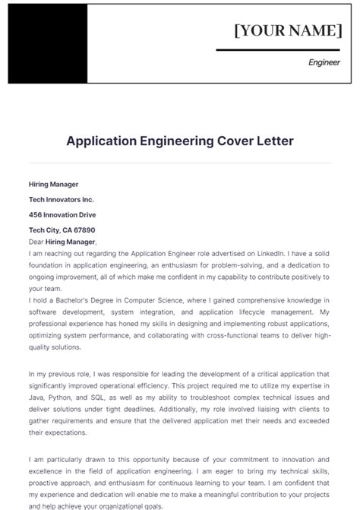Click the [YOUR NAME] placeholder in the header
coord(288,30)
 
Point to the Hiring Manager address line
coord(53,184)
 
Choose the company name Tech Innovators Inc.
coord(61,199)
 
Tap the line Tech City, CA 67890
coord(62,230)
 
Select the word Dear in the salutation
coord(36,241)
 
